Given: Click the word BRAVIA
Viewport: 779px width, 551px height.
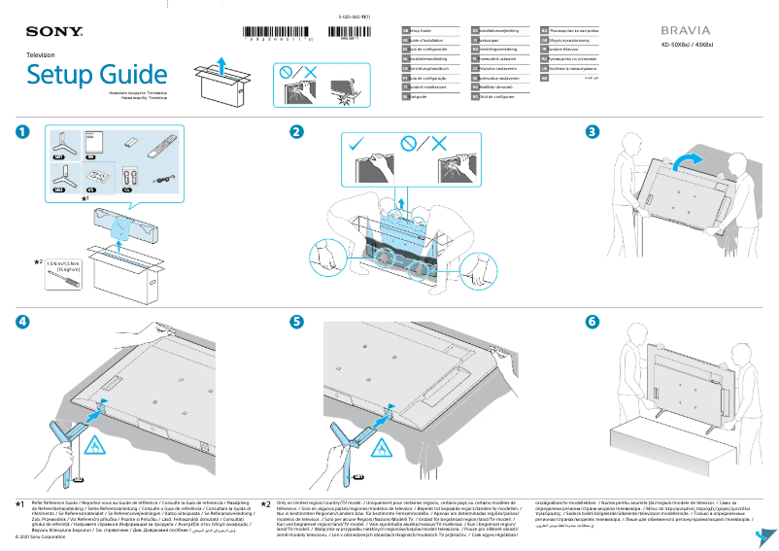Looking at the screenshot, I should pos(688,31).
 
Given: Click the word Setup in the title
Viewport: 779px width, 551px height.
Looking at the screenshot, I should pos(60,75).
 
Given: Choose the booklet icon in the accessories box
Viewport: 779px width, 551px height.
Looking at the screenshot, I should pos(93,141).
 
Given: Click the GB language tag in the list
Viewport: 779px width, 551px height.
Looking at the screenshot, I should pos(405,31).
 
